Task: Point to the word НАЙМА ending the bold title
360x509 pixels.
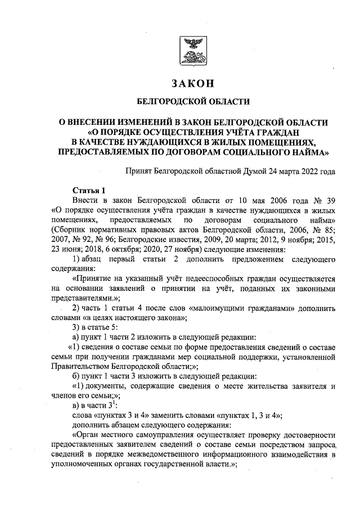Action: click(305, 151)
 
